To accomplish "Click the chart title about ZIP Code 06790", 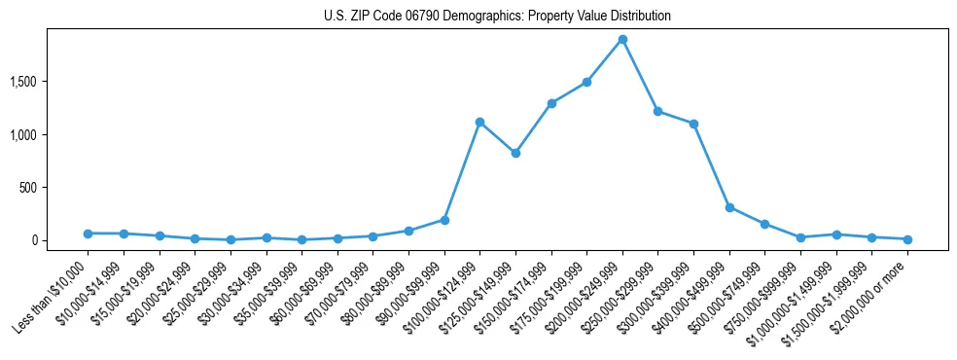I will click(x=497, y=17).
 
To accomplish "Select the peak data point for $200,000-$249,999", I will click(x=622, y=40).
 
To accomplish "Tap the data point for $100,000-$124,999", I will click(x=479, y=122).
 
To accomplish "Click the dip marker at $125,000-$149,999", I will click(x=515, y=153).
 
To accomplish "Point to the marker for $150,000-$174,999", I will click(x=551, y=103).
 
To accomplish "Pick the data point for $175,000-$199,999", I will click(x=586, y=82).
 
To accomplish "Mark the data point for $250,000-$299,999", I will click(x=658, y=111).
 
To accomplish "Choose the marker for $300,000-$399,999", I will click(x=693, y=124).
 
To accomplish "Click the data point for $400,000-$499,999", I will click(x=729, y=207).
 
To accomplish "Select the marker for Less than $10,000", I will click(x=88, y=234).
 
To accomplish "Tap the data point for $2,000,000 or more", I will click(x=907, y=239).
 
